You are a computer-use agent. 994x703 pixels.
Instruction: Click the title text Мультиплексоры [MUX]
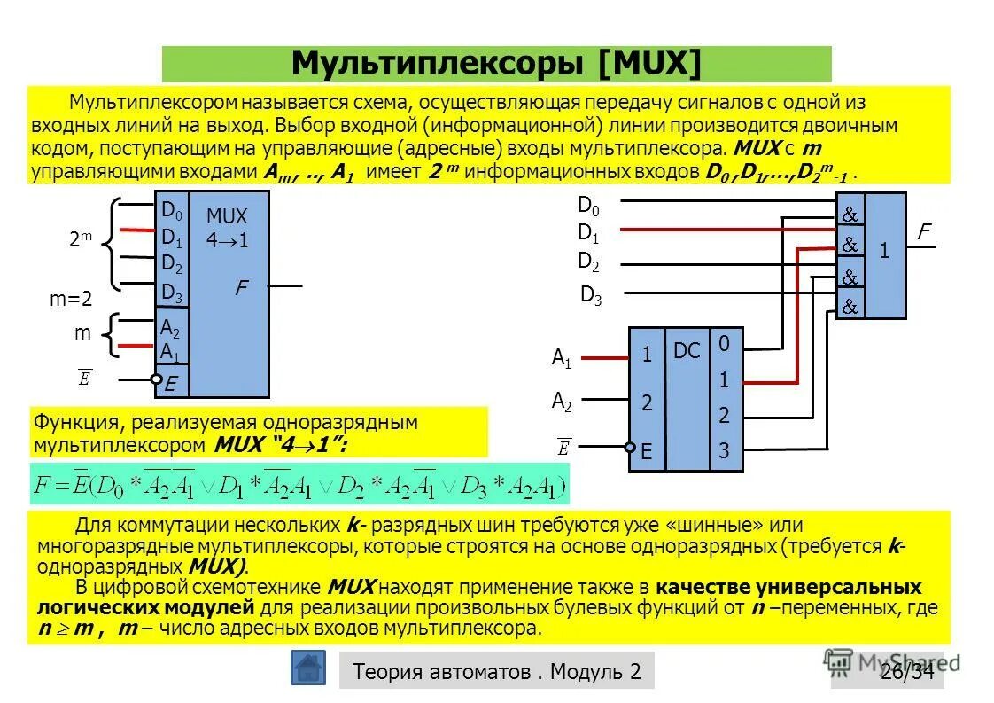[496, 64]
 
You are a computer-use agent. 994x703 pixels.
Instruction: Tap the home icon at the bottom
[308, 668]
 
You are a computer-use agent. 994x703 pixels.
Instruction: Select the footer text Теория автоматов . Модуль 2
[496, 671]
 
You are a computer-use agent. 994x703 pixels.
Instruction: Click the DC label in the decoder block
[687, 351]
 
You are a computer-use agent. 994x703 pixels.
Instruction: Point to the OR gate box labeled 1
[884, 254]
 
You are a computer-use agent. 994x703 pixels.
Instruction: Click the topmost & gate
[850, 214]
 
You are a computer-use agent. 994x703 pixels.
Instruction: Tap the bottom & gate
[850, 307]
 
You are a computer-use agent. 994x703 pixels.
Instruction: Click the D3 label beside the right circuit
[591, 296]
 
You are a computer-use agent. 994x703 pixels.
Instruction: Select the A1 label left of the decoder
[562, 358]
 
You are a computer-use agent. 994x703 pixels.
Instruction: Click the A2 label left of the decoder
[562, 402]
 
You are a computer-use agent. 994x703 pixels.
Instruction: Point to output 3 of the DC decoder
[724, 451]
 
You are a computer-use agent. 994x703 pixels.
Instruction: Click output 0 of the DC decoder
[724, 343]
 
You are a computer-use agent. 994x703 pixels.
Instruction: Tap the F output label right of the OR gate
[924, 232]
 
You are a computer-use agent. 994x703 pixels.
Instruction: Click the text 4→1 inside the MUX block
[227, 240]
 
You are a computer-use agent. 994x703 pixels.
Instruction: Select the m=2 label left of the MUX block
[71, 300]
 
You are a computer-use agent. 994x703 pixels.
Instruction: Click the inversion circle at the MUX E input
[156, 380]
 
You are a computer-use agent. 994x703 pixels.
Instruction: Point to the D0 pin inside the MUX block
[171, 211]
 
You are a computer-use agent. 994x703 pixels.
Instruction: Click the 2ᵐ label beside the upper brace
[81, 239]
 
